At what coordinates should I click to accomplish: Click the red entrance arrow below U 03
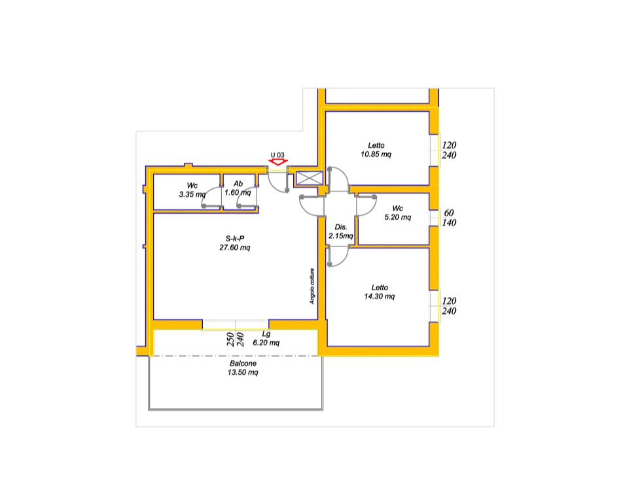tap(278, 162)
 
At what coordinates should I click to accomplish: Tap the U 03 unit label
tap(278, 155)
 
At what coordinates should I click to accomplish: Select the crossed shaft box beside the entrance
tap(309, 179)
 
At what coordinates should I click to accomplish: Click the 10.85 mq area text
tap(376, 154)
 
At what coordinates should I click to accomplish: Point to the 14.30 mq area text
tap(380, 296)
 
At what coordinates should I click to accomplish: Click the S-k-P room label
tap(235, 239)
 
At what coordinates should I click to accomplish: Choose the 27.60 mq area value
tap(235, 247)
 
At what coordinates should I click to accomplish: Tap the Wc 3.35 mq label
tap(192, 190)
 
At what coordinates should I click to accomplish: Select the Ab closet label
tap(238, 184)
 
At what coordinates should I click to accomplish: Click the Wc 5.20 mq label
tap(397, 213)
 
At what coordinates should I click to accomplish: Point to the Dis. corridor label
tap(341, 227)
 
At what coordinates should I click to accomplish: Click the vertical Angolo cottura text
tap(312, 286)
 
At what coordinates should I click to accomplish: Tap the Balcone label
tap(243, 364)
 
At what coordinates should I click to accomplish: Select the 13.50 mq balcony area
tap(243, 372)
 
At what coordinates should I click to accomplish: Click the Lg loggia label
tap(266, 334)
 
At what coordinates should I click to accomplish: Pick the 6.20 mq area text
tap(266, 343)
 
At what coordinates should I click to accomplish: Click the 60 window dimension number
tap(449, 213)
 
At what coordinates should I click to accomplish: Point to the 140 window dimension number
tap(449, 222)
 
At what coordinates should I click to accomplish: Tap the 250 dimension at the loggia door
tap(230, 339)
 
